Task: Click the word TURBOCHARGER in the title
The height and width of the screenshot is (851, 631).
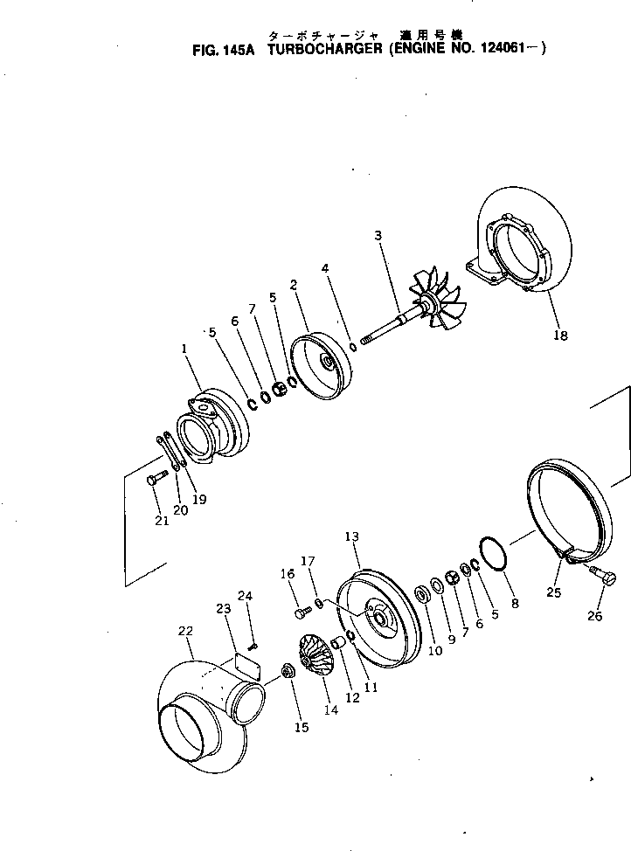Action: click(x=319, y=50)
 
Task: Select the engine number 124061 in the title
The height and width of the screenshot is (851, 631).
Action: click(x=506, y=50)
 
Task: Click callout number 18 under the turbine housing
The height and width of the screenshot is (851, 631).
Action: click(x=560, y=335)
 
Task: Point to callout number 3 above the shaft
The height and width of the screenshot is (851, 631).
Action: click(x=378, y=236)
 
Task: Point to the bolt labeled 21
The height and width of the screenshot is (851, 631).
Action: click(x=158, y=476)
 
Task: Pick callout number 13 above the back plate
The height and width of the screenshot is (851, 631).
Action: click(x=351, y=536)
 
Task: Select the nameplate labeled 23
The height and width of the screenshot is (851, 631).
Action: click(x=250, y=666)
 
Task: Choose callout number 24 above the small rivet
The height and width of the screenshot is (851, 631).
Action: click(x=245, y=597)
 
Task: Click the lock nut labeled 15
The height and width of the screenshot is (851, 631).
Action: click(x=287, y=673)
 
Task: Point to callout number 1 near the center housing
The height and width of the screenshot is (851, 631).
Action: click(x=184, y=349)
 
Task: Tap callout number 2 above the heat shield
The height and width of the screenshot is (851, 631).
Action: click(x=294, y=284)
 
